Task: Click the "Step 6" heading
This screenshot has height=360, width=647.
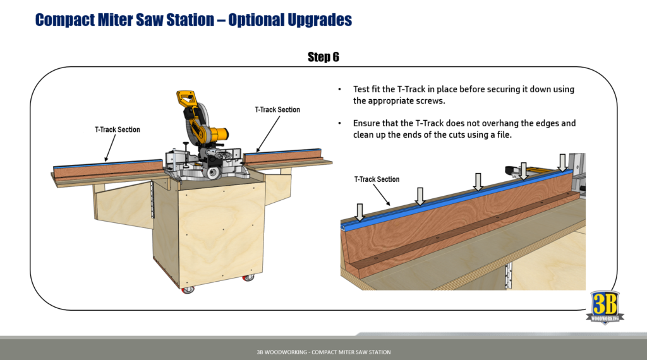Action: [x=323, y=57]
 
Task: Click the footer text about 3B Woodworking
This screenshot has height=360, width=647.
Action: [x=323, y=352]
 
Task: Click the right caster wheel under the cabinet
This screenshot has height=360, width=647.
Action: [x=248, y=277]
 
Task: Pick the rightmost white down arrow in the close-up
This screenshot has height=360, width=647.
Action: [x=562, y=161]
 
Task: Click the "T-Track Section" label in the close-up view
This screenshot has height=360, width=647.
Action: [x=377, y=179]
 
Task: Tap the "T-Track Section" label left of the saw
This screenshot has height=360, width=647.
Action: [x=118, y=129]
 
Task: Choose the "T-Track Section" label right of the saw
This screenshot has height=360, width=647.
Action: [x=277, y=109]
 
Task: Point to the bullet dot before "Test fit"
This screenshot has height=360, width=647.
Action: [x=341, y=90]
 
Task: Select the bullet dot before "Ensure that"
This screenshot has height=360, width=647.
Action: [x=341, y=124]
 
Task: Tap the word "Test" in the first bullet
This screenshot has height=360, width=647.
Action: [x=363, y=89]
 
